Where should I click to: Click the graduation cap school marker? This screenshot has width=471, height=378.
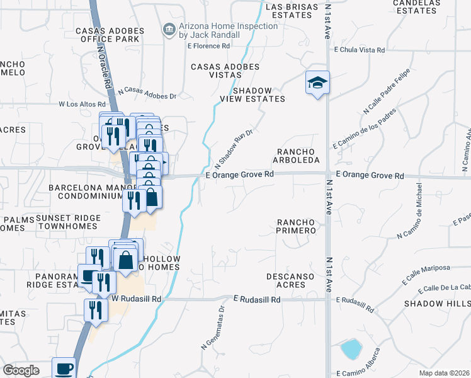(317, 83)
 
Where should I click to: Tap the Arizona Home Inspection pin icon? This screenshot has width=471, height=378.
(169, 29)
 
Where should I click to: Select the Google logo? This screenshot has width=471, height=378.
(21, 370)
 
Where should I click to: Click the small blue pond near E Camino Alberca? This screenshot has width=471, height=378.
(350, 348)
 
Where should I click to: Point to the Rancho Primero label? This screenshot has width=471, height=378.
(296, 226)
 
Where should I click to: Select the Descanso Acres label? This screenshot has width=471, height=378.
(294, 280)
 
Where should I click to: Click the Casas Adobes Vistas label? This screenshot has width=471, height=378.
(225, 71)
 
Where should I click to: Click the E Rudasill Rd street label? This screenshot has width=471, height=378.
(256, 301)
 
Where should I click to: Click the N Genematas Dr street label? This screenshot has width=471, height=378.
(213, 327)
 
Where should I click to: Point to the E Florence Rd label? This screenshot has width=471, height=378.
(200, 46)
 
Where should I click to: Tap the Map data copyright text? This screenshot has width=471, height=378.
(443, 372)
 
